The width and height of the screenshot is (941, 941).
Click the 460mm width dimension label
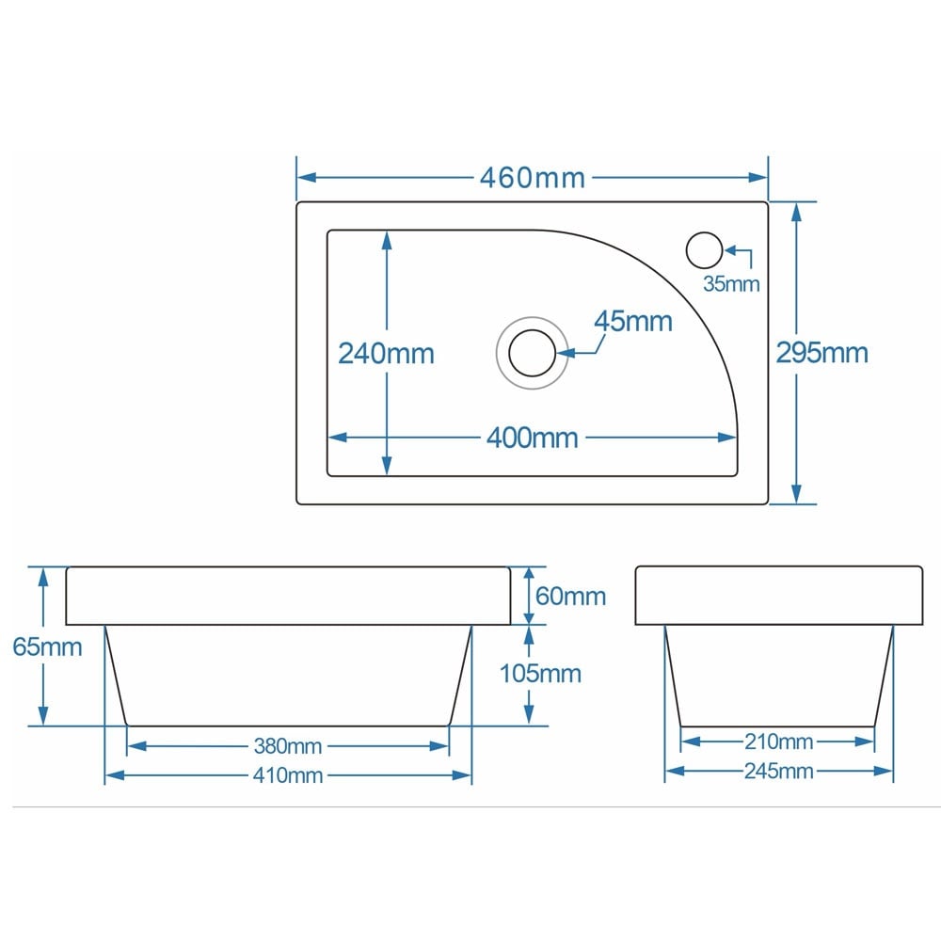(532, 177)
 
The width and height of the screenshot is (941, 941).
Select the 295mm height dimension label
(821, 353)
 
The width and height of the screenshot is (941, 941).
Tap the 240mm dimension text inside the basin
(387, 354)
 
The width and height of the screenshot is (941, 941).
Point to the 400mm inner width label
(532, 438)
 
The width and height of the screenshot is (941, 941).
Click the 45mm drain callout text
(633, 322)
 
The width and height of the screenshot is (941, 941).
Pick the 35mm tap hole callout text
(731, 283)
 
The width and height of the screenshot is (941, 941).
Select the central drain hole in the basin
(533, 353)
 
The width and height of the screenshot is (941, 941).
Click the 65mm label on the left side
(47, 647)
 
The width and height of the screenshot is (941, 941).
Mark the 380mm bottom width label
(288, 746)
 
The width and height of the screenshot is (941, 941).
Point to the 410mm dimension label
(288, 775)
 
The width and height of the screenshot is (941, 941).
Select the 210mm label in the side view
(777, 742)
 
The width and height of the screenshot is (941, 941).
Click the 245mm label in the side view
(778, 772)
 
